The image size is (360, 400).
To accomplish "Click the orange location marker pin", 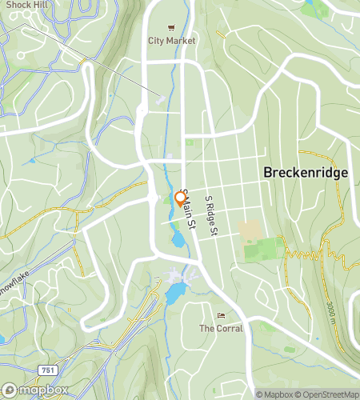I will (x=180, y=198).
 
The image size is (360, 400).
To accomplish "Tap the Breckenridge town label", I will (x=304, y=173).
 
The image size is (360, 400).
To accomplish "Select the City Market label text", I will (x=171, y=40).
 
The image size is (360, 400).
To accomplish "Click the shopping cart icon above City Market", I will (x=171, y=26).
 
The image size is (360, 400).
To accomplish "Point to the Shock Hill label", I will (x=24, y=4).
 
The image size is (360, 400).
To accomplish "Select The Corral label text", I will (x=220, y=328).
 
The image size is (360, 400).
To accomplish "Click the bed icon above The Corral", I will (x=221, y=315).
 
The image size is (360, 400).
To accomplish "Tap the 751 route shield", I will (x=48, y=369).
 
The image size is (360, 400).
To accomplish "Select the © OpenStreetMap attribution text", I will (x=328, y=394).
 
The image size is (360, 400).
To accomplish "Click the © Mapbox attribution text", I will (x=274, y=394).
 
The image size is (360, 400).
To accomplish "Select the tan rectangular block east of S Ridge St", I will (x=250, y=231).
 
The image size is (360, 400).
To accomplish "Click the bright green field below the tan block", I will (x=263, y=250).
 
